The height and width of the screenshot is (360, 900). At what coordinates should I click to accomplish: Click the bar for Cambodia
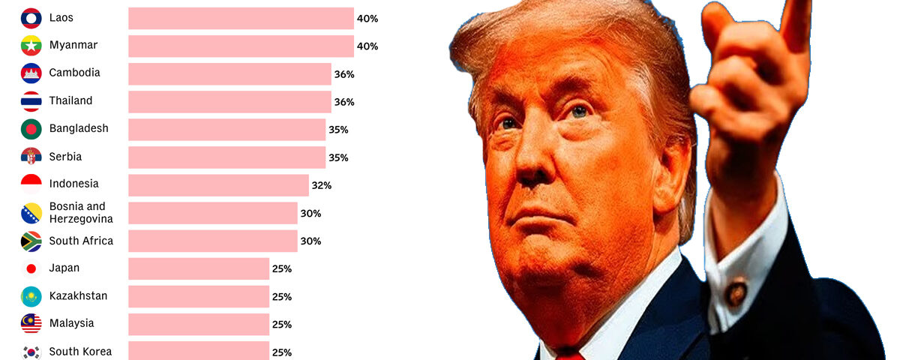(229, 73)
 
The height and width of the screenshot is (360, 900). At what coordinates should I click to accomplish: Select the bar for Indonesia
(218, 185)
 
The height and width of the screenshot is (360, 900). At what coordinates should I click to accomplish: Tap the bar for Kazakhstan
(199, 296)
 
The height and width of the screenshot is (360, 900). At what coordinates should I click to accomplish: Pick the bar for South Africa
(213, 241)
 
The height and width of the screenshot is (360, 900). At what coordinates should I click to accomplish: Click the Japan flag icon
(31, 268)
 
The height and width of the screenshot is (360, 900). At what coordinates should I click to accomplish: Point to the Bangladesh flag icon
(31, 129)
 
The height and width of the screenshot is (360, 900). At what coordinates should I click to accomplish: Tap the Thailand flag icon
(31, 101)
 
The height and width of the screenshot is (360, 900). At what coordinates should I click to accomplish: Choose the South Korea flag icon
(31, 352)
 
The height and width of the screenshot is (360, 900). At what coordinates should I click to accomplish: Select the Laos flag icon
(31, 17)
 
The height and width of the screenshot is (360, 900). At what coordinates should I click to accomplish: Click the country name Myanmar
(73, 45)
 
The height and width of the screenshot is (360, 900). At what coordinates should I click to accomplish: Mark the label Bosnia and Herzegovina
(81, 212)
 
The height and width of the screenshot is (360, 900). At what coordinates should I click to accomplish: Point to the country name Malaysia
(71, 323)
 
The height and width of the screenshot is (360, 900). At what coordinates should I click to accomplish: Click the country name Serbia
(65, 157)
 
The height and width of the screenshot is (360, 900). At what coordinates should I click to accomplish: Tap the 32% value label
(322, 185)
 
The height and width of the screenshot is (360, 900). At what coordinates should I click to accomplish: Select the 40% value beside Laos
(367, 18)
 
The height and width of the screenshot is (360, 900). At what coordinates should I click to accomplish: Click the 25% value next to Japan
(282, 268)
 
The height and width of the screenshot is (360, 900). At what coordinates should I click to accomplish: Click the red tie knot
(570, 354)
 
